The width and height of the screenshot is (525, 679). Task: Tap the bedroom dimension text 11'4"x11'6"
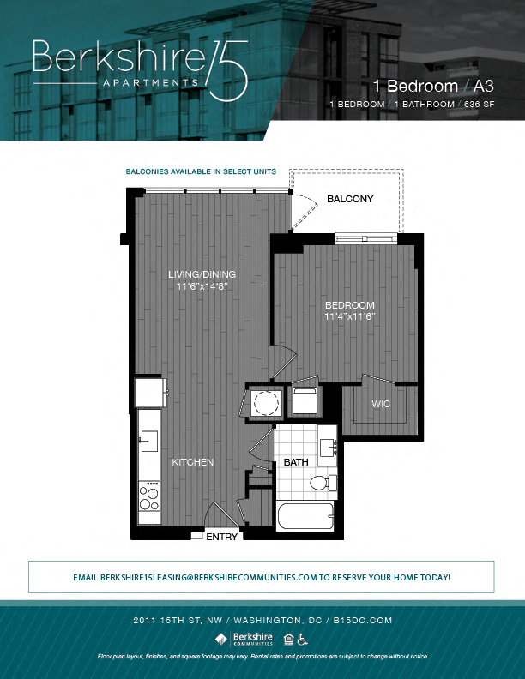pyautogui.click(x=350, y=316)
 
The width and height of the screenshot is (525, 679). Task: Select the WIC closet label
pyautogui.click(x=381, y=403)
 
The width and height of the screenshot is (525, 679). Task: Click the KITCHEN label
pyautogui.click(x=192, y=462)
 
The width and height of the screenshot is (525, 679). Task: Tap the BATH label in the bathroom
pyautogui.click(x=296, y=462)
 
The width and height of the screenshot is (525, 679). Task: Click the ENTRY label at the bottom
pyautogui.click(x=222, y=538)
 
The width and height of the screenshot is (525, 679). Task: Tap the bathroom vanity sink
pyautogui.click(x=328, y=447)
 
